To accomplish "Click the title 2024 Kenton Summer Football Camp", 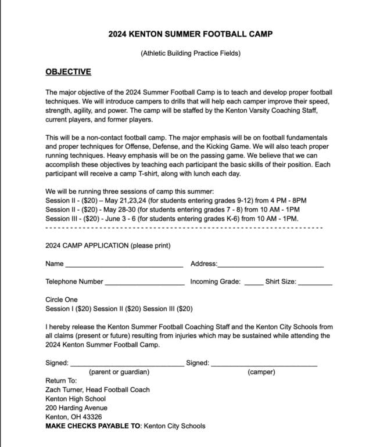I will [190, 34].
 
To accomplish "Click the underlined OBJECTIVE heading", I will [68, 72].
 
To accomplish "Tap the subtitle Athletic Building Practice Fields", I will [190, 54].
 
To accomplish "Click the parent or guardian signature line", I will [126, 364].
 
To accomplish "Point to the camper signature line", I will [264, 364].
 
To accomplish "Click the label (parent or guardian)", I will [119, 372].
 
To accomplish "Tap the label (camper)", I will [261, 372].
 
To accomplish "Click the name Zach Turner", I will [66, 390].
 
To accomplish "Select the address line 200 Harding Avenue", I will [76, 408].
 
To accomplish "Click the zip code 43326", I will [92, 417].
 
